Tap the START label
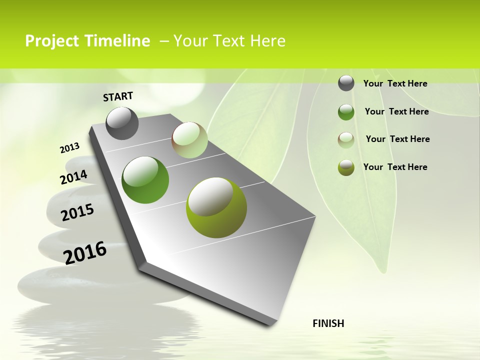coord(118,96)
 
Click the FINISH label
coord(328,323)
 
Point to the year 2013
coord(70,148)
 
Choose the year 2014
coord(74,177)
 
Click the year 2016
coord(85,253)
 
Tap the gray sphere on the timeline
coord(122,123)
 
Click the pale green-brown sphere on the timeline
coord(189,140)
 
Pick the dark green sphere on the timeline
coord(145,179)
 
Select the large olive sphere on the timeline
coord(216,207)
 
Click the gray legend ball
coord(346,83)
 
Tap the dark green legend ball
coord(346,112)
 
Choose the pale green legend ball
coord(346,139)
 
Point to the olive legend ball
coord(346,167)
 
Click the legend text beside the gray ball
coord(395,83)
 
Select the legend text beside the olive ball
coord(395,167)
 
